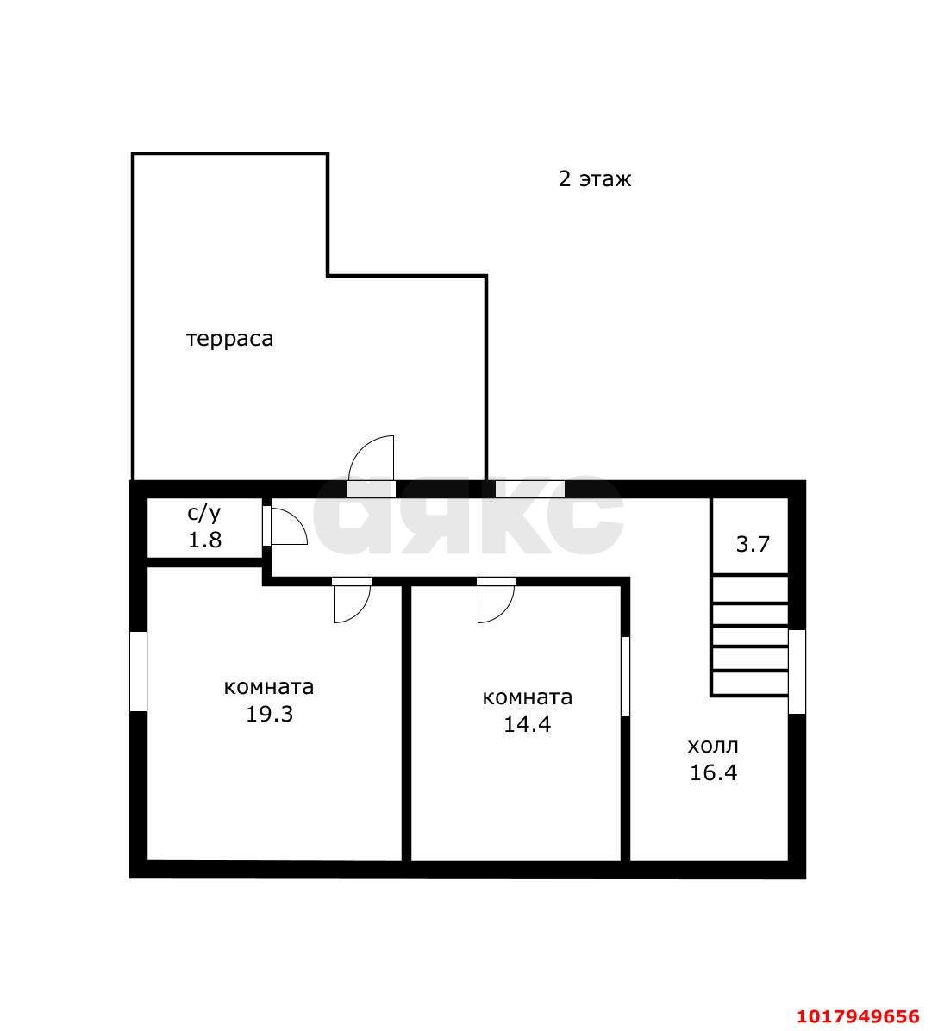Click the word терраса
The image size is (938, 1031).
click(229, 340)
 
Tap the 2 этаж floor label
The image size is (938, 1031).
click(595, 178)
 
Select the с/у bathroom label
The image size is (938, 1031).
click(204, 513)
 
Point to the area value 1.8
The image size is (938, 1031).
click(204, 540)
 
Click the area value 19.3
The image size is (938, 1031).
click(270, 714)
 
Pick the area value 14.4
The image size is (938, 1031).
click(528, 725)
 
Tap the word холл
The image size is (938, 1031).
click(713, 746)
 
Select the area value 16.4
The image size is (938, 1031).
click(713, 772)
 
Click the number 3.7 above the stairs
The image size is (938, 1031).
click(753, 545)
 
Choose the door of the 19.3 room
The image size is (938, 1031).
click(352, 602)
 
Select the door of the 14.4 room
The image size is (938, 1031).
click(496, 602)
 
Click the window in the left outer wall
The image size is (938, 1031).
click(138, 672)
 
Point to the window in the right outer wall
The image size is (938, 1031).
click(797, 672)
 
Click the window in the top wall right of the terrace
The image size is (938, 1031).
click(530, 490)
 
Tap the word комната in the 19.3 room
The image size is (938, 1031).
click(269, 688)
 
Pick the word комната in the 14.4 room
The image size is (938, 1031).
click(528, 697)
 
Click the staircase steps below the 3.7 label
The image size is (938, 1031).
click(750, 635)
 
